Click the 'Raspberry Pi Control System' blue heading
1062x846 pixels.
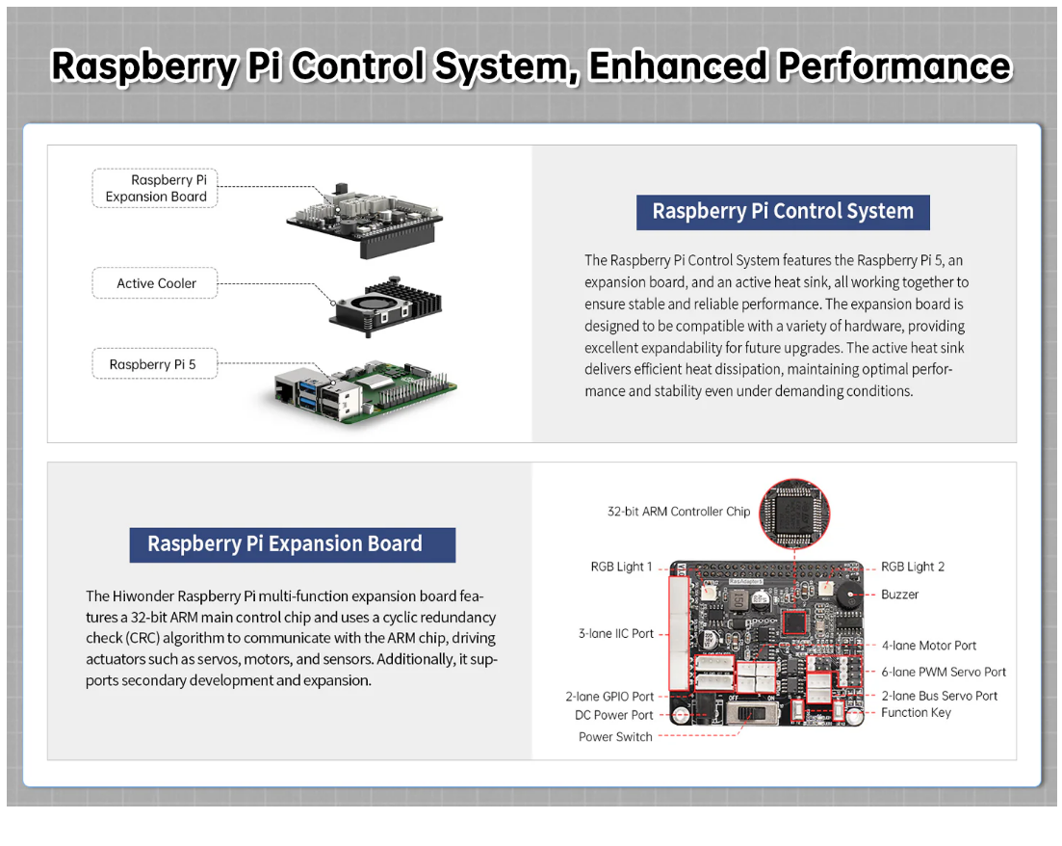pyautogui.click(x=783, y=212)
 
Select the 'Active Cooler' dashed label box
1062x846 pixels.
pyautogui.click(x=155, y=283)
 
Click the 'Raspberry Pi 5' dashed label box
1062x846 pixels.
pyautogui.click(x=154, y=364)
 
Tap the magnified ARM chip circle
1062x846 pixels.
pyautogui.click(x=794, y=514)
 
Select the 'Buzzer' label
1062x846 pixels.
pyautogui.click(x=899, y=595)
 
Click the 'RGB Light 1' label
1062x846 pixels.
pyautogui.click(x=621, y=567)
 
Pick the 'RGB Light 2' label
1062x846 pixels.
pyautogui.click(x=913, y=567)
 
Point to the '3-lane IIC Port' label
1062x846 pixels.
pyautogui.click(x=615, y=634)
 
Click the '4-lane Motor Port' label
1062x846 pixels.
pyautogui.click(x=929, y=646)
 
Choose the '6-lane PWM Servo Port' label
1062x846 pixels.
pyautogui.click(x=944, y=672)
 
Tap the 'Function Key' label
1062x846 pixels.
pyautogui.click(x=916, y=713)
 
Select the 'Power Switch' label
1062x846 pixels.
pyautogui.click(x=615, y=737)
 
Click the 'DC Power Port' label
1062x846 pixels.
pyautogui.click(x=613, y=715)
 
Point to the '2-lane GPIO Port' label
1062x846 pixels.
pyautogui.click(x=609, y=696)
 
